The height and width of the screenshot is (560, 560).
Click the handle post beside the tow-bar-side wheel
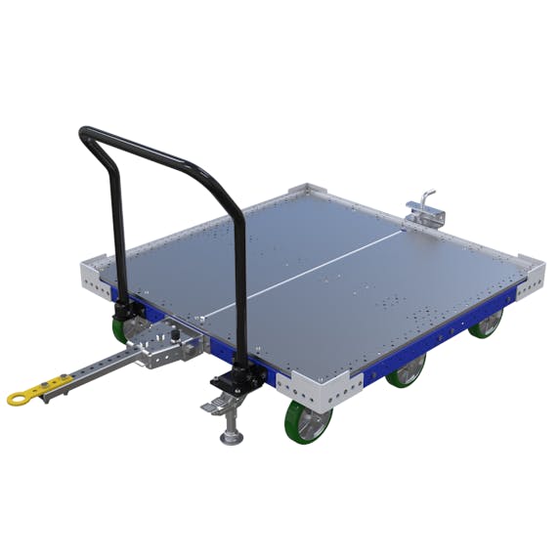(x=119, y=235)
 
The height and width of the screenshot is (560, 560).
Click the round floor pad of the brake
(x=231, y=437)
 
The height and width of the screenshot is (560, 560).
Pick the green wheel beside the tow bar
(x=124, y=329)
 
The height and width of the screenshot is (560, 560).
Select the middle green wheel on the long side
(x=407, y=369)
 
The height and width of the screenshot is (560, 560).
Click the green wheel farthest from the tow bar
(x=484, y=323)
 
